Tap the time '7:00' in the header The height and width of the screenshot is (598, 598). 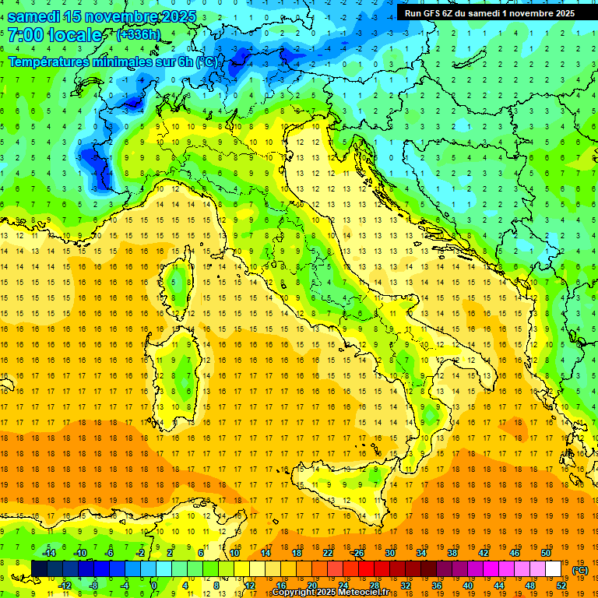[26, 35]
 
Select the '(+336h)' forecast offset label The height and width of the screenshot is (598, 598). [139, 35]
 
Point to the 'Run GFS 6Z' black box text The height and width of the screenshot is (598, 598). [433, 12]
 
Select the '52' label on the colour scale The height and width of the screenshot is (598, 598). [561, 585]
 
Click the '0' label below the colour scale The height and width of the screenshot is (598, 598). [153, 585]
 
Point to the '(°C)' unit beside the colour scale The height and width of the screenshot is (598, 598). [580, 569]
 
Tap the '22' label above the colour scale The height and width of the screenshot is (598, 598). [328, 553]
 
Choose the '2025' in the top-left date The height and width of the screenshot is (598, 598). [174, 16]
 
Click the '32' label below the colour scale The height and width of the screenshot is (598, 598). [406, 585]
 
